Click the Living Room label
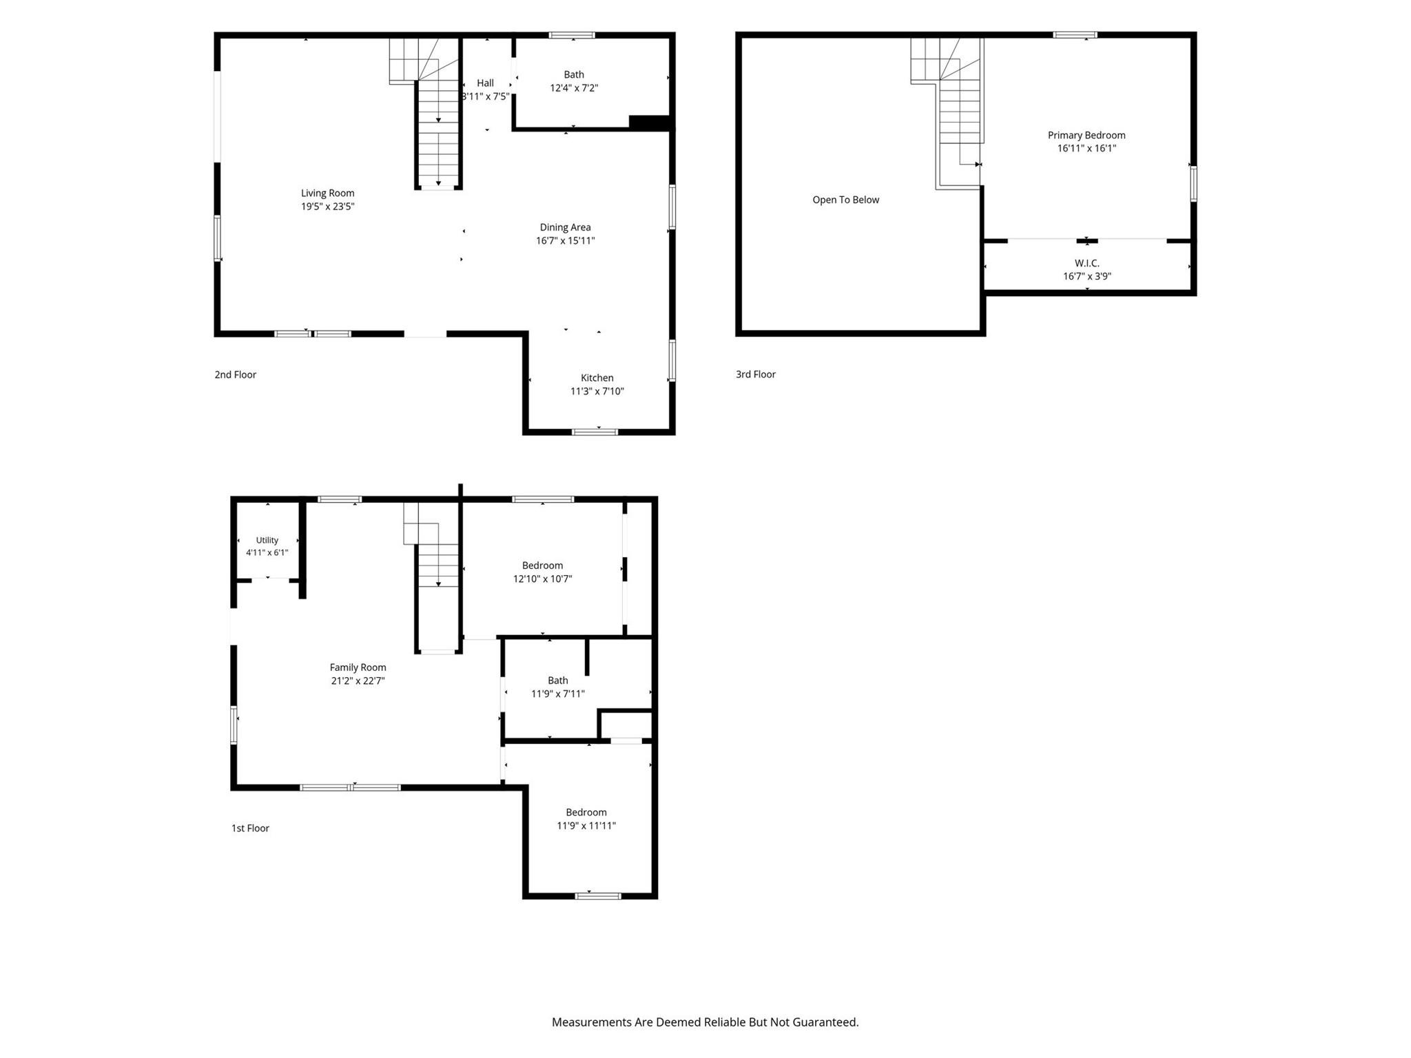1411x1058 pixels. pos(327,194)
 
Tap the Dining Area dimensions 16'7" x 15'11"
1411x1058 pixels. pos(565,240)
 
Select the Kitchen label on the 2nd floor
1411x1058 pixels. pos(597,377)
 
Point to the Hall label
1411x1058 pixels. pos(485,83)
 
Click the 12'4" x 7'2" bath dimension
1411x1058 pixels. pos(574,88)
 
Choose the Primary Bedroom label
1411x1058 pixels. pos(1086,136)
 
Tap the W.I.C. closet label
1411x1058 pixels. pos(1086,263)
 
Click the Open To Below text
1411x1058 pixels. pos(845,200)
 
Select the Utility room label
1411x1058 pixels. pos(267,540)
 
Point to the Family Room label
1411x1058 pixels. pos(358,667)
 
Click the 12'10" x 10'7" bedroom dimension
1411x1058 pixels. pos(542,579)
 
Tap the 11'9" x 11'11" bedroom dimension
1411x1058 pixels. pos(586,826)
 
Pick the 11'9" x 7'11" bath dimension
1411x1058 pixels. pos(558,694)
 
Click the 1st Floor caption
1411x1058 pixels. pos(250,828)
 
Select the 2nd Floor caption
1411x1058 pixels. pos(235,375)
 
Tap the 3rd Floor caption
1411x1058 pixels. pos(756,375)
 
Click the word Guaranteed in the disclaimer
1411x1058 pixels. pos(823,1022)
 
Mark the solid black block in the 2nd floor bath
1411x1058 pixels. pos(649,122)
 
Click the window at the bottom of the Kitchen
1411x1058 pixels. pos(595,432)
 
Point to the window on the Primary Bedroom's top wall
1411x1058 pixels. pos(1075,34)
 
